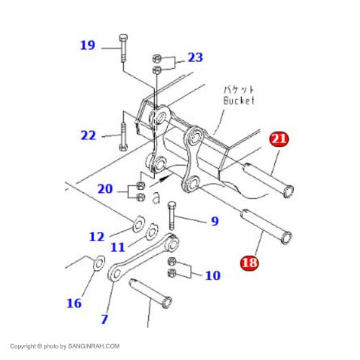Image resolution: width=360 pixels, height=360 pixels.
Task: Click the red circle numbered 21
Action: click(279, 139)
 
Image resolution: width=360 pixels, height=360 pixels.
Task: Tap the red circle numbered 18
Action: click(250, 262)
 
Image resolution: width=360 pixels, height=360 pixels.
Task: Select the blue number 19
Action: click(88, 45)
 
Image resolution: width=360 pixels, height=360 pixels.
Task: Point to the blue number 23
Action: click(195, 58)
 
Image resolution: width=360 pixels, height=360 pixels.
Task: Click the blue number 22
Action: click(89, 135)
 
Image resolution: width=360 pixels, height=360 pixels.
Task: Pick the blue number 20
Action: click(105, 189)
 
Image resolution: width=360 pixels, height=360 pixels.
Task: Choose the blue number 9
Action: click(215, 221)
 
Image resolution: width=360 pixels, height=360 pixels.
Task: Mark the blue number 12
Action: click(96, 237)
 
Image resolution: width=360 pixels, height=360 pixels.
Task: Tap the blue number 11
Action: click(118, 247)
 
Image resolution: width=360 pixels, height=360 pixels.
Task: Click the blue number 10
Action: click(213, 276)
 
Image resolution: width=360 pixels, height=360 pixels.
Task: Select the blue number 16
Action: click(74, 303)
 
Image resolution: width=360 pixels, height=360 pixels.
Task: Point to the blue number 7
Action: click(104, 319)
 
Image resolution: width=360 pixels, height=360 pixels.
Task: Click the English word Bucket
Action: click(239, 101)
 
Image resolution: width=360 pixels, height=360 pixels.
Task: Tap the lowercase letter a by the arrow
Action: click(156, 198)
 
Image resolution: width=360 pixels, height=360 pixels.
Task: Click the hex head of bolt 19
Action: click(123, 37)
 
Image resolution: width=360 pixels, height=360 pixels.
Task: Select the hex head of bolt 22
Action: click(123, 147)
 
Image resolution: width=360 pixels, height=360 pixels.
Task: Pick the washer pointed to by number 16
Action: click(99, 264)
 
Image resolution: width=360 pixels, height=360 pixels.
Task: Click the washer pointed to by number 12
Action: click(138, 225)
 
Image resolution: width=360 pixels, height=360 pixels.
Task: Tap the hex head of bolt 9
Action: click(172, 205)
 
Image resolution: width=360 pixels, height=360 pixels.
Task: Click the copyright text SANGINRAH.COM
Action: click(94, 346)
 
